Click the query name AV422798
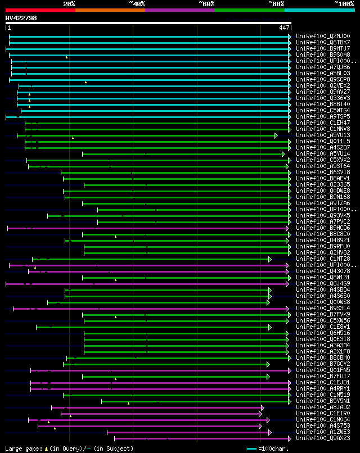(x=21, y=18)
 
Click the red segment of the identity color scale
(x=40, y=10)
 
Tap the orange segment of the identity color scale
(x=110, y=10)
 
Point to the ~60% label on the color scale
(x=206, y=3)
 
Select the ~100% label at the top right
(x=344, y=3)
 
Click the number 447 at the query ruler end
(x=284, y=28)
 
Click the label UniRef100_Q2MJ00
(x=323, y=36)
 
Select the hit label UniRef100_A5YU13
(x=323, y=135)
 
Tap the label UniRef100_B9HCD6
(x=323, y=228)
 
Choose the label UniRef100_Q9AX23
(x=323, y=438)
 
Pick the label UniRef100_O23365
(x=323, y=184)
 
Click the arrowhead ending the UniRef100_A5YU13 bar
(x=276, y=135)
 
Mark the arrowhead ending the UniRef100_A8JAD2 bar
(x=262, y=407)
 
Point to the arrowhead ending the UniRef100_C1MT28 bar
(x=270, y=259)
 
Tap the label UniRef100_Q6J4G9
(x=323, y=283)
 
